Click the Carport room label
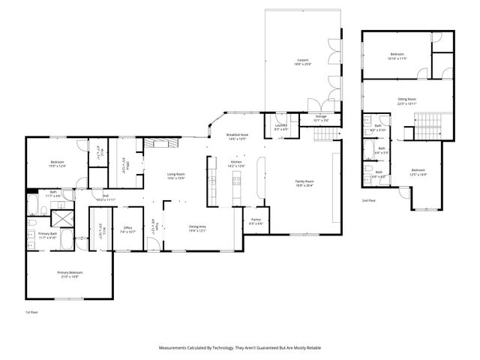302,60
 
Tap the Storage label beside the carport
320,116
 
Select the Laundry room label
281,125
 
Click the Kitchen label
235,162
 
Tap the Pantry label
255,219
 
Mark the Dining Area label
197,226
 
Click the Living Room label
175,174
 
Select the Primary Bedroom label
70,272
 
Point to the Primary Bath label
47,234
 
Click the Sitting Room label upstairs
407,99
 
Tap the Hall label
106,196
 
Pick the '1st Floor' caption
32,311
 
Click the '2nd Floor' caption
368,201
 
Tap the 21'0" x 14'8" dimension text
70,277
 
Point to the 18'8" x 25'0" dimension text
302,64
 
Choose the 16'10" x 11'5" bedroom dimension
397,58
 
